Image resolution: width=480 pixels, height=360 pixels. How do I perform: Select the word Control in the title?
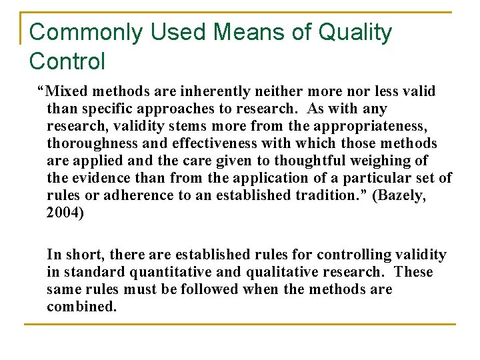coord(67,61)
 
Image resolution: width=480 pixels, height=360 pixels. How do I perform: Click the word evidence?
coord(99,178)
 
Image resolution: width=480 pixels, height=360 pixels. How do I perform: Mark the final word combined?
coord(81,307)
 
